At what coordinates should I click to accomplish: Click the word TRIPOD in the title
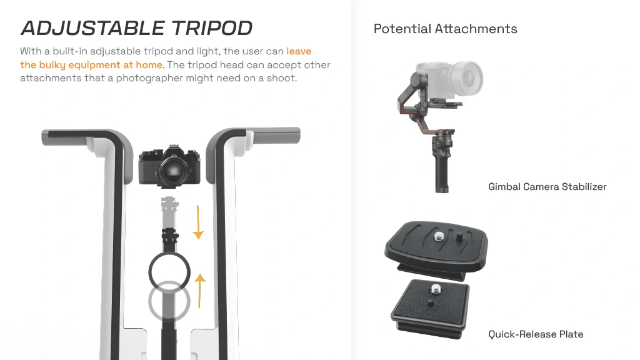tap(212, 28)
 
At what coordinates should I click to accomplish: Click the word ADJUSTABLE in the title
tap(92, 28)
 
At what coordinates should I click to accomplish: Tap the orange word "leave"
tap(299, 51)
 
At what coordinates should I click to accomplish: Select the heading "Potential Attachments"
tap(445, 29)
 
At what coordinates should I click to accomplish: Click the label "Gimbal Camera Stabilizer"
tap(547, 186)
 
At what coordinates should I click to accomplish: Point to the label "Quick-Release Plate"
tap(536, 334)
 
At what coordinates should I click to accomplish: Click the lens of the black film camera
tap(174, 170)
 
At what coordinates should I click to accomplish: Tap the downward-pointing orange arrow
tap(198, 222)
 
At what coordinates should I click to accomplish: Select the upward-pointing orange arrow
tap(199, 291)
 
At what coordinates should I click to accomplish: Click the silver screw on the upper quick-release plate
tap(439, 236)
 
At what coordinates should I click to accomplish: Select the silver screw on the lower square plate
tap(435, 290)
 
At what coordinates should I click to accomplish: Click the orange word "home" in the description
tap(149, 64)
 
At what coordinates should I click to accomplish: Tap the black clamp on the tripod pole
tap(171, 236)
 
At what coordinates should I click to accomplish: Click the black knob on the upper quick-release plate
tap(459, 236)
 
